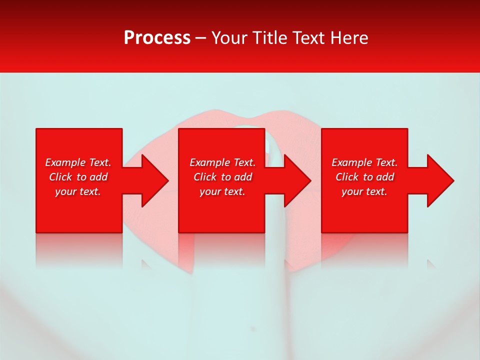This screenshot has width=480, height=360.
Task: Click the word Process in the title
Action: (x=157, y=38)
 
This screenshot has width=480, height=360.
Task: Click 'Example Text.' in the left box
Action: (x=78, y=162)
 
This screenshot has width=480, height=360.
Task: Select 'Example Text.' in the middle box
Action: (x=222, y=162)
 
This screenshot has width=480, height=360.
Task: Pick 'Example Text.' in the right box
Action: (x=364, y=162)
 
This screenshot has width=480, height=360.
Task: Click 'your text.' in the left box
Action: (x=78, y=191)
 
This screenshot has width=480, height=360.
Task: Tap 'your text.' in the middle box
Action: (x=222, y=191)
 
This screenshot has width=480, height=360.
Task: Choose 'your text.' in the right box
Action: (x=364, y=191)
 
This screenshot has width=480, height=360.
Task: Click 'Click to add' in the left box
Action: (x=78, y=177)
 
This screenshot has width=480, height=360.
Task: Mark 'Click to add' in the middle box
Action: (x=223, y=177)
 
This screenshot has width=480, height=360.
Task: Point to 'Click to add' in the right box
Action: (x=365, y=177)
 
